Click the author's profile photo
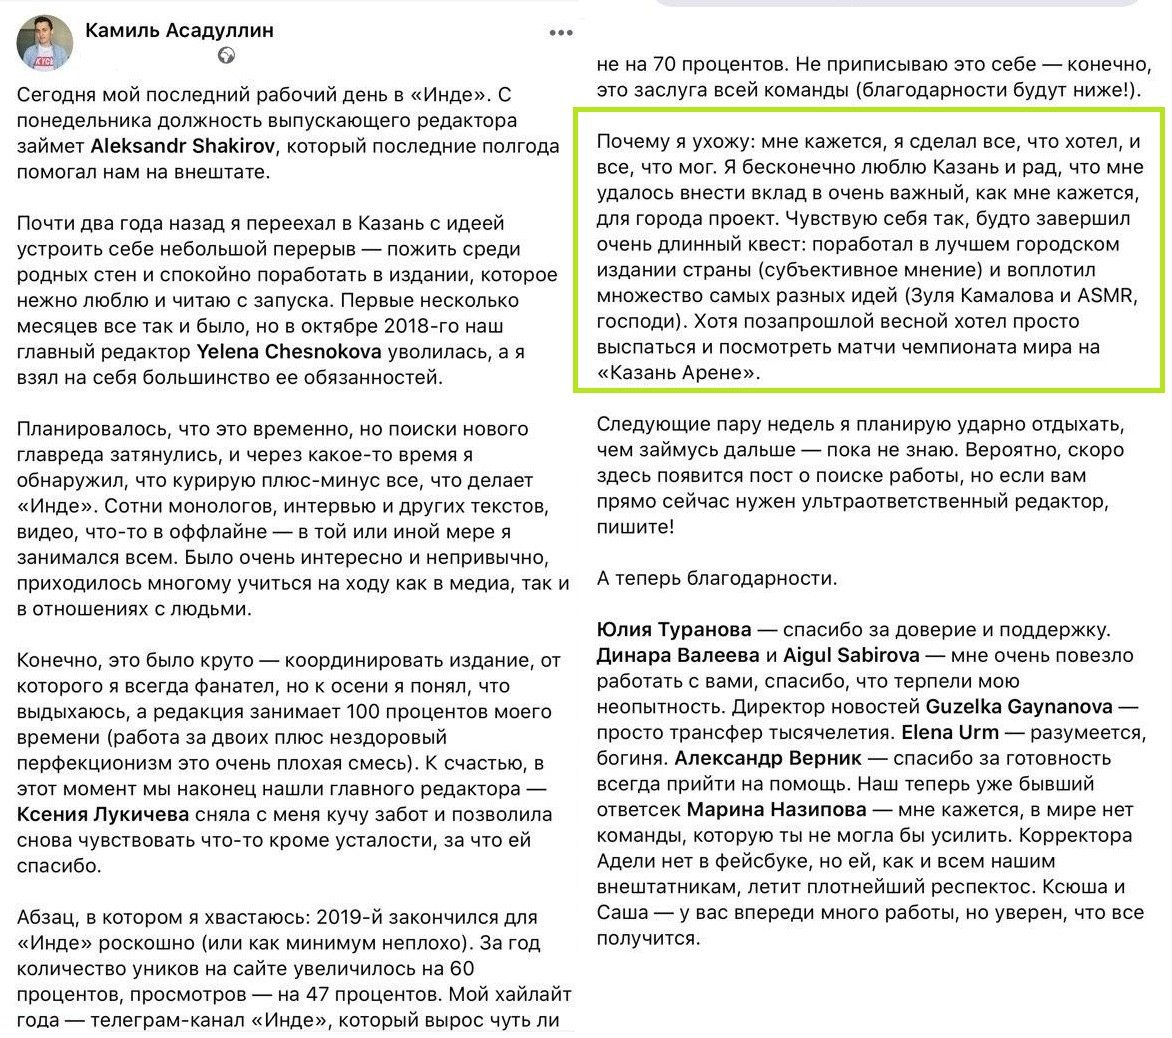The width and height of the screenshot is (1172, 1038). pos(45,43)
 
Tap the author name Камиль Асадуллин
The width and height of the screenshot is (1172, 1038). pos(180,30)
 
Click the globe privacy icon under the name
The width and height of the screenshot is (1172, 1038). pos(227,56)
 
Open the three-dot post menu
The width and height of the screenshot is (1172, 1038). pos(561,33)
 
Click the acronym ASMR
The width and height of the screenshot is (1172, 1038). pos(1109,296)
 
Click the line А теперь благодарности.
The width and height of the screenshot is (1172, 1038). pos(717,578)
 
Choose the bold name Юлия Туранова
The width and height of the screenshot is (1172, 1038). pos(674,630)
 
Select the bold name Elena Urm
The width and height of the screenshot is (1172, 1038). pos(944,733)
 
